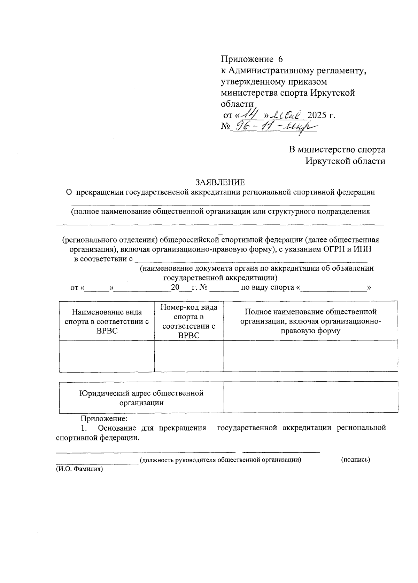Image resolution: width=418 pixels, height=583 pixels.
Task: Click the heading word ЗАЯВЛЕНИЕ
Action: tap(220, 182)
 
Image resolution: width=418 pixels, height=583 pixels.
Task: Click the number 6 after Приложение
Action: tap(281, 59)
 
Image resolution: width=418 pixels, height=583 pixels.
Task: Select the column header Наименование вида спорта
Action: tap(107, 321)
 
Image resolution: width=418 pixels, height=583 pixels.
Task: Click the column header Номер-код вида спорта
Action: tap(189, 321)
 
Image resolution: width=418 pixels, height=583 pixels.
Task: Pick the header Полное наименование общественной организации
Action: tap(310, 321)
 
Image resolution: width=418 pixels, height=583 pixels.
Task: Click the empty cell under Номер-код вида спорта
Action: tap(189, 356)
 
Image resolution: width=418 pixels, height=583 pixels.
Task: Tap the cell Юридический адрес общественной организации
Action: tap(141, 398)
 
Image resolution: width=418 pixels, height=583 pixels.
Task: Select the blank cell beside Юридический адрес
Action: tap(310, 397)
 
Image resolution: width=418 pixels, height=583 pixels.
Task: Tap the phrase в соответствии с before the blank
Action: tap(103, 259)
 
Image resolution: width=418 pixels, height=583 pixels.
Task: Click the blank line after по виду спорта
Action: tap(333, 288)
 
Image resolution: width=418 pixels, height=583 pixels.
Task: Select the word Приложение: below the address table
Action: tap(104, 418)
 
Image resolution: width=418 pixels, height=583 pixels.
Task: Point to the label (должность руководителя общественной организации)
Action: tap(220, 460)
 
